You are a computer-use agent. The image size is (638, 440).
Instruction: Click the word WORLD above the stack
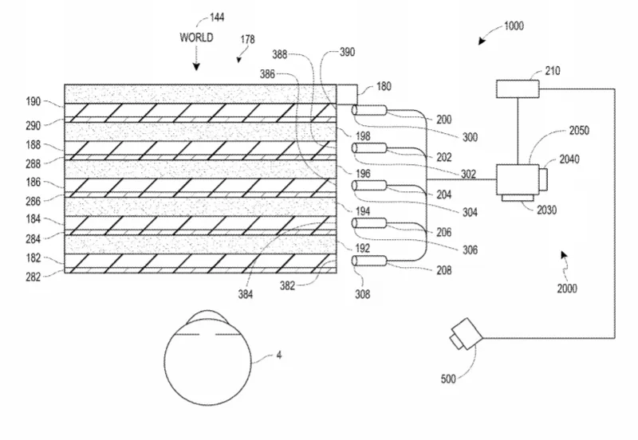pyautogui.click(x=196, y=37)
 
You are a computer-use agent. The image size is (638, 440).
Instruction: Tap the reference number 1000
pyautogui.click(x=514, y=26)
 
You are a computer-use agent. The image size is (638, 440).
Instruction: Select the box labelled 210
pyautogui.click(x=518, y=89)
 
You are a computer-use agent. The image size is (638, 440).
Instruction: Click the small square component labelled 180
pyautogui.click(x=347, y=94)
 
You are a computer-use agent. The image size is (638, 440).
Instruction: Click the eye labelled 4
pyautogui.click(x=207, y=358)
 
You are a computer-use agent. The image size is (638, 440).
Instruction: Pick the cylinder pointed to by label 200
pyautogui.click(x=369, y=111)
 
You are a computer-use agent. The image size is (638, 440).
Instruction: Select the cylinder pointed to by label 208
pyautogui.click(x=369, y=261)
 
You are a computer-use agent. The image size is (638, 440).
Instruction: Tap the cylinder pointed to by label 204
pyautogui.click(x=369, y=186)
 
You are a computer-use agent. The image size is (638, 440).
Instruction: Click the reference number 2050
pyautogui.click(x=579, y=131)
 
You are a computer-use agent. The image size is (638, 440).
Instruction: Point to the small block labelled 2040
pyautogui.click(x=543, y=179)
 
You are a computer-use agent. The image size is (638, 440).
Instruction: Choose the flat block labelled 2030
pyautogui.click(x=518, y=198)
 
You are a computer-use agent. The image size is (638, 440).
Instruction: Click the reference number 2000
pyautogui.click(x=567, y=289)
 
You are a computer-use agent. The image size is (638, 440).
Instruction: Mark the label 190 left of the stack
pyautogui.click(x=33, y=101)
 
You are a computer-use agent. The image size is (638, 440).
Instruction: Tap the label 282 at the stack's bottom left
pyautogui.click(x=33, y=277)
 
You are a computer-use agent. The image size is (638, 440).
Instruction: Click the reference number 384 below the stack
pyautogui.click(x=246, y=294)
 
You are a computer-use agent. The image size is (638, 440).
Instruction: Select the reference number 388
pyautogui.click(x=280, y=54)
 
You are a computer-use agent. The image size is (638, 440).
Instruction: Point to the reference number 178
pyautogui.click(x=247, y=39)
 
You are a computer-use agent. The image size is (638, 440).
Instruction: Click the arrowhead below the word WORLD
pyautogui.click(x=196, y=66)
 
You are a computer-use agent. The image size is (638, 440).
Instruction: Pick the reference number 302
pyautogui.click(x=468, y=174)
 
